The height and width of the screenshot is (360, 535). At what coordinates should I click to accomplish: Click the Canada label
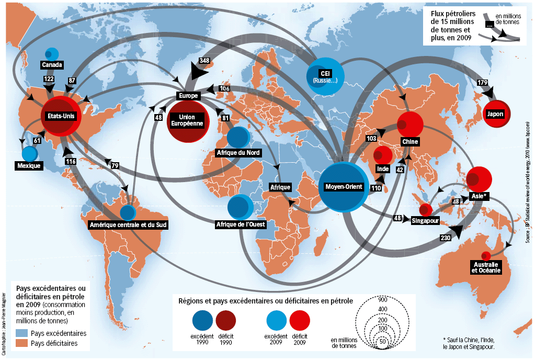tap(52, 65)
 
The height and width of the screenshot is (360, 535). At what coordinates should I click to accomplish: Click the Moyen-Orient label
tap(344, 186)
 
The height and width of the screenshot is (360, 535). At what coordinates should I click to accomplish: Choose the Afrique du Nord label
tap(238, 153)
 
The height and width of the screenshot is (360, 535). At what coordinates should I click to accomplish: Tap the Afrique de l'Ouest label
tap(241, 224)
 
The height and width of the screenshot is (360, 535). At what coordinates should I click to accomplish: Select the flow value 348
tap(204, 61)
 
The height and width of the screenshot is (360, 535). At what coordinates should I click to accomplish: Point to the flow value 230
tap(445, 238)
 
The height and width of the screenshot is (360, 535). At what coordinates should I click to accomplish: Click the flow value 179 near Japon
tap(482, 82)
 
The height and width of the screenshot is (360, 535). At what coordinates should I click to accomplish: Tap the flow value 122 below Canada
tap(49, 79)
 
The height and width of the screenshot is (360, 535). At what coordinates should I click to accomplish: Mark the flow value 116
tap(71, 162)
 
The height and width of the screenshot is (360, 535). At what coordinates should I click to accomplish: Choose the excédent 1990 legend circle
tap(202, 320)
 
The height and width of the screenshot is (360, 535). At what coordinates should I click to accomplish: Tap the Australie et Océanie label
tap(486, 267)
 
